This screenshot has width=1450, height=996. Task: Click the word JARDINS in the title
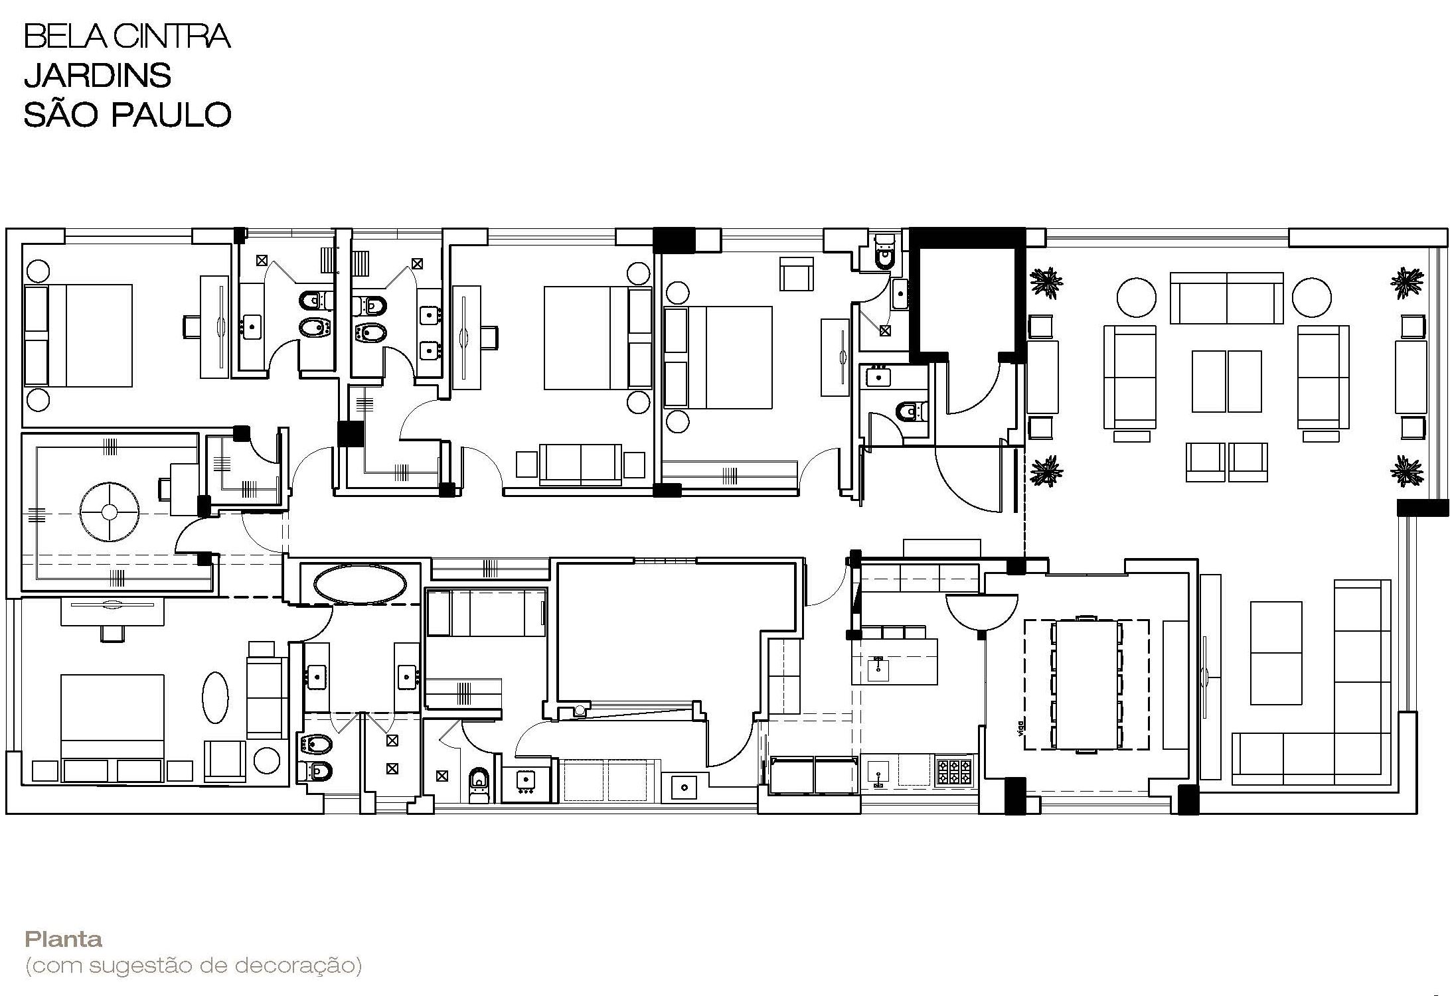[x=98, y=75]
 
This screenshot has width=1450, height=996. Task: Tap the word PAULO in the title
[x=171, y=114]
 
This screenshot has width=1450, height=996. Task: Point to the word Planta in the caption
[x=64, y=940]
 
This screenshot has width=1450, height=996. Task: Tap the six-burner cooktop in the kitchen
[x=954, y=771]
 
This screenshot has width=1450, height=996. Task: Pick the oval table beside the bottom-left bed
[x=214, y=697]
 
